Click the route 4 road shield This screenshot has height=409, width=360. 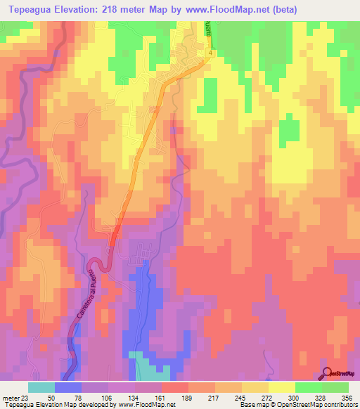coord(210,53)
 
